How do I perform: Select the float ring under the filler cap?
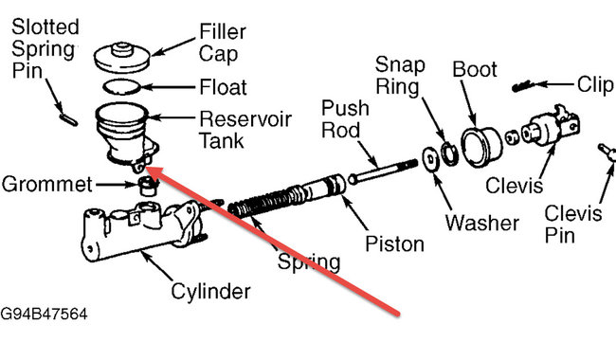click(120, 87)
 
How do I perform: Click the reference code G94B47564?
click(48, 310)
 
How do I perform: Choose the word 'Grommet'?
click(47, 181)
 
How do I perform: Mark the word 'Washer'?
click(483, 224)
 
